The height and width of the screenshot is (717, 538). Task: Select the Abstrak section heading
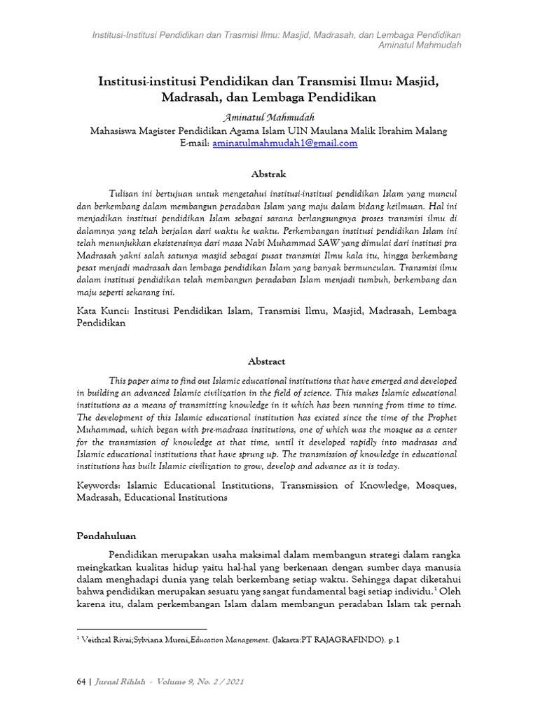(268, 174)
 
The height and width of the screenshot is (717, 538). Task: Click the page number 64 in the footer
(80, 682)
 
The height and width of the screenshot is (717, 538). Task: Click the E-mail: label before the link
(194, 143)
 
